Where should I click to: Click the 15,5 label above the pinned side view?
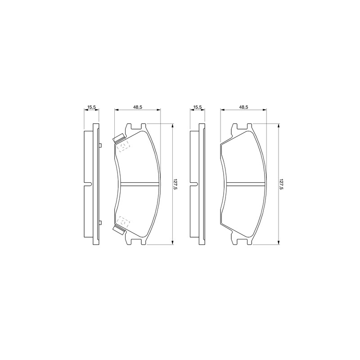click(x=92, y=107)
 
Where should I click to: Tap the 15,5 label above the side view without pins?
click(x=198, y=107)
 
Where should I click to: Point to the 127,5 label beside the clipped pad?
click(x=175, y=184)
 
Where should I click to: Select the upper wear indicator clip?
click(x=118, y=138)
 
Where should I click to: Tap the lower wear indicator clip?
click(x=118, y=230)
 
